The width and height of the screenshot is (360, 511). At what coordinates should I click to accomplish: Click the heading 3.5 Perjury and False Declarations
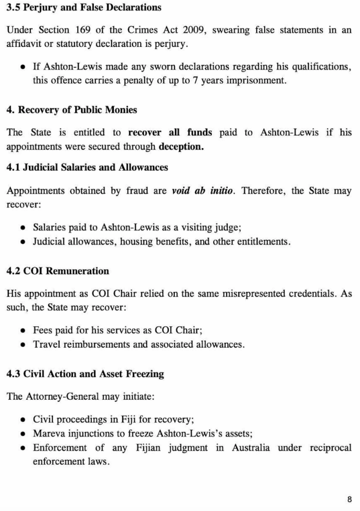(84, 7)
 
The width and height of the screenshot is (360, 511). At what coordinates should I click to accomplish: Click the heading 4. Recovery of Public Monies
(71, 110)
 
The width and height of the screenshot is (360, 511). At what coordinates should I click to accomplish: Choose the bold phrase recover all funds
(170, 132)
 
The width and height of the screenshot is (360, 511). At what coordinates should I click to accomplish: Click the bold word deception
(181, 147)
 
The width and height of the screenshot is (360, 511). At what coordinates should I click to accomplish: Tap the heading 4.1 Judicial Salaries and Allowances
(87, 168)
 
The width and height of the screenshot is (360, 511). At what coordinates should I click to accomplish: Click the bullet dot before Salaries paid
(23, 228)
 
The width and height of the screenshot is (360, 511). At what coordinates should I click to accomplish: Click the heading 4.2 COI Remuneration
(57, 271)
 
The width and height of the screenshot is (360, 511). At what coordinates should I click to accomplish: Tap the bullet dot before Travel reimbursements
(23, 344)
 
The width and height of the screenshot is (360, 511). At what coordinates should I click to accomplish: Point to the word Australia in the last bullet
(251, 448)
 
